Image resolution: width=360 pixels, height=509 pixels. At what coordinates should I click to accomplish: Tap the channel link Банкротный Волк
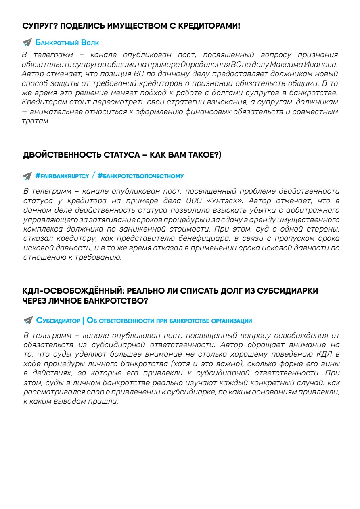pos(67,42)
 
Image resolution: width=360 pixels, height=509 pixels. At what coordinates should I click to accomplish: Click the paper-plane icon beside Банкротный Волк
pos(27,42)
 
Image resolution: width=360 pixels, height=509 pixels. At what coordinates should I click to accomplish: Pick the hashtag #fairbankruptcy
pos(62,176)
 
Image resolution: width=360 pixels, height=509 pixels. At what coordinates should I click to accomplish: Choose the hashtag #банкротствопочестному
pos(140,176)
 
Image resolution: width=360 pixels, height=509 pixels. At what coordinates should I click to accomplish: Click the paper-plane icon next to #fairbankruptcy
pos(27,176)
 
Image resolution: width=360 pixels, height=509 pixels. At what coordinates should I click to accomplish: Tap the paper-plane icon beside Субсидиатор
pos(27,321)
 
